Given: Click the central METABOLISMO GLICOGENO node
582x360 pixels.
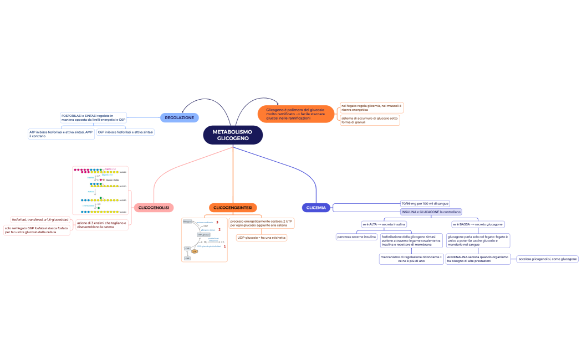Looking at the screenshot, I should pyautogui.click(x=233, y=135).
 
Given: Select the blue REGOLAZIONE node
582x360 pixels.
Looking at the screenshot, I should pyautogui.click(x=180, y=117).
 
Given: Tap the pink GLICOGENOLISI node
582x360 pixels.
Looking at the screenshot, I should pyautogui.click(x=154, y=208).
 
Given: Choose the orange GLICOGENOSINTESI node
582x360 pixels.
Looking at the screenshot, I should pyautogui.click(x=233, y=208).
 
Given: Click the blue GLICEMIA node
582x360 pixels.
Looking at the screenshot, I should pyautogui.click(x=316, y=208).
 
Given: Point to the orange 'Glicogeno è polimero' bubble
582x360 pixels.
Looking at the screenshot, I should pyautogui.click(x=296, y=114).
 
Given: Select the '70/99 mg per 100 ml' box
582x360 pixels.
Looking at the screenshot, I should pyautogui.click(x=425, y=203).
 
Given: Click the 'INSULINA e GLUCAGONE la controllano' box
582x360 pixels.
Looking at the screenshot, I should pyautogui.click(x=431, y=212).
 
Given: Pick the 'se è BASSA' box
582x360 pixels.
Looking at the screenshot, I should pyautogui.click(x=478, y=224).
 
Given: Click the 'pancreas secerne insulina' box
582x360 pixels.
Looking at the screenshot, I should pyautogui.click(x=356, y=236).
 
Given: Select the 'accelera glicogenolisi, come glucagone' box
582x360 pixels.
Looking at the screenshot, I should pyautogui.click(x=547, y=259).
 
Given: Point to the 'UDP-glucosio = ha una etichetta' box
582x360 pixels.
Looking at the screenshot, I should pyautogui.click(x=262, y=237).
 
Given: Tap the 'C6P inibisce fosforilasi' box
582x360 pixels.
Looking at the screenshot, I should pyautogui.click(x=125, y=132).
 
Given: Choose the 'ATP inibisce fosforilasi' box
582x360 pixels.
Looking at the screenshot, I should pyautogui.click(x=61, y=133).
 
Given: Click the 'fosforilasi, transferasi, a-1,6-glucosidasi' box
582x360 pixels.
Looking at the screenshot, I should pyautogui.click(x=40, y=219).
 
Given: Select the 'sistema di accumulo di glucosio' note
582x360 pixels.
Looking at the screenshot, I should pyautogui.click(x=369, y=120).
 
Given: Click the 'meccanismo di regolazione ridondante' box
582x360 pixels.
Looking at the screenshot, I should pyautogui.click(x=411, y=259).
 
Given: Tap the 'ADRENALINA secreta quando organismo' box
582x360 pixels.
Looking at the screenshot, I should pyautogui.click(x=478, y=259).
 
